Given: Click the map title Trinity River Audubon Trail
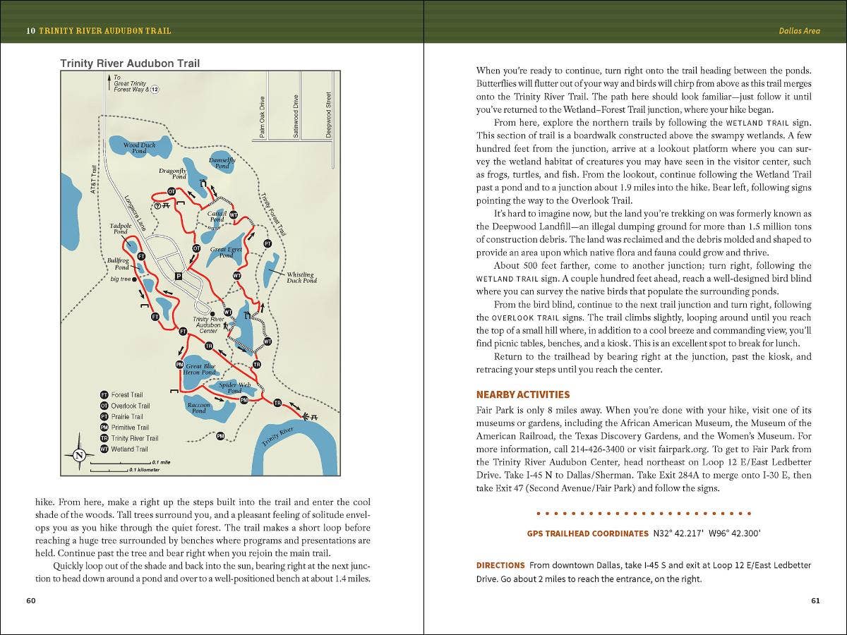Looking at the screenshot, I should click(x=130, y=64).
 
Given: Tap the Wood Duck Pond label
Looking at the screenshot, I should click(x=139, y=148).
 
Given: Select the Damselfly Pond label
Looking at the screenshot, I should click(x=222, y=163).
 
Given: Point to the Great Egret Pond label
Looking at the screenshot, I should click(x=227, y=253).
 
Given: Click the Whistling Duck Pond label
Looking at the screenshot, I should click(x=301, y=277).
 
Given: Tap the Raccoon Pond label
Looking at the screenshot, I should click(x=199, y=408).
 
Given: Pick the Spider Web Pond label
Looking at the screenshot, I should click(x=234, y=387).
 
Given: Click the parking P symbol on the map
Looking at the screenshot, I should click(x=179, y=276).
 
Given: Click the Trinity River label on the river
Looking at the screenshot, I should click(x=277, y=437).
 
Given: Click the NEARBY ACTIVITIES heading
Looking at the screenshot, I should click(x=523, y=395).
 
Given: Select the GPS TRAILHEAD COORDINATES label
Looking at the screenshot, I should click(x=587, y=533).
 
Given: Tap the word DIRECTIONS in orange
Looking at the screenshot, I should click(x=500, y=565).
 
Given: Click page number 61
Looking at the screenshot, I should click(x=815, y=601).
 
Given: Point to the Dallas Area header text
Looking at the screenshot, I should click(x=800, y=31).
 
